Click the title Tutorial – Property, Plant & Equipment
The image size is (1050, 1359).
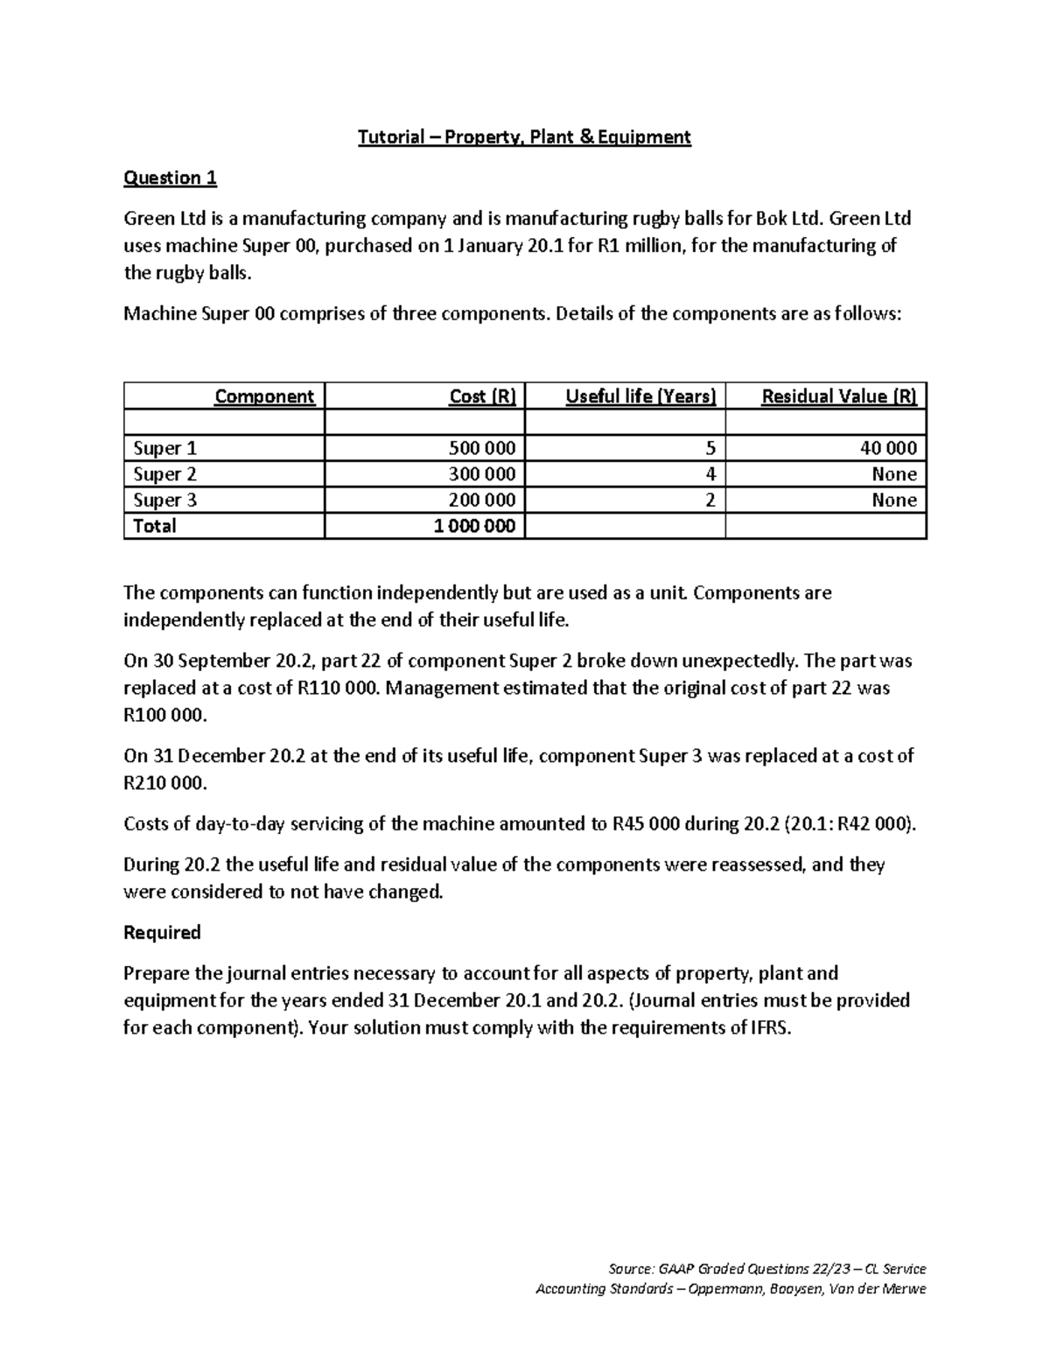(x=524, y=137)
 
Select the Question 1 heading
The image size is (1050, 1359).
(x=170, y=179)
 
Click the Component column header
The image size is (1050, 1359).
(x=264, y=396)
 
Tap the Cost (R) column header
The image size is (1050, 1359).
(x=482, y=396)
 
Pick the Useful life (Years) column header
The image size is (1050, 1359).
(x=640, y=396)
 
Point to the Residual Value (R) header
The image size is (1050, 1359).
(x=839, y=396)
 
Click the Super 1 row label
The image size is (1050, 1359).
(x=164, y=449)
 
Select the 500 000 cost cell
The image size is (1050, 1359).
(x=481, y=449)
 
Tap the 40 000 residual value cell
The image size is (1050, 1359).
(x=888, y=449)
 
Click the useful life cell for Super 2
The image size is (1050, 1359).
(x=710, y=474)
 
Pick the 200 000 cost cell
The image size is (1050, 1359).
(x=481, y=501)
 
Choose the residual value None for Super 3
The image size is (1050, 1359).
(x=893, y=501)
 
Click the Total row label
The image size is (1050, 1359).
(x=154, y=526)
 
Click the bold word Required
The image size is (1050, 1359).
(x=162, y=933)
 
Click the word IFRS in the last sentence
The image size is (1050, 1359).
(x=770, y=1028)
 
